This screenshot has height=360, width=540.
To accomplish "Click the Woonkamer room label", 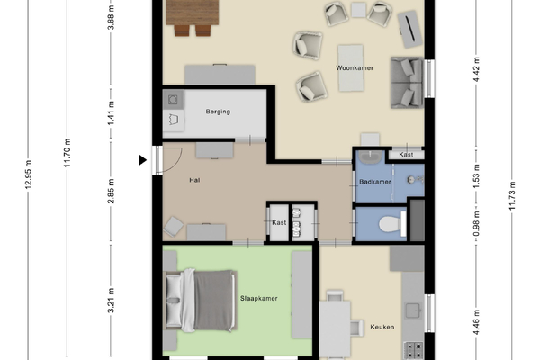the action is pos(355,67).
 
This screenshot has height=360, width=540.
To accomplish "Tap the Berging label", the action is pos(218,112).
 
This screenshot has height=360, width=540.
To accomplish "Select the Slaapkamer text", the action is pos(258,298).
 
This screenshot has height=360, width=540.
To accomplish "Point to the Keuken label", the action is pos(382,327).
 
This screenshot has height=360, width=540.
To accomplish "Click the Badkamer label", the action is pos(375,182).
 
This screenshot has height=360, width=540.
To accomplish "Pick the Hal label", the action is pos(194,180).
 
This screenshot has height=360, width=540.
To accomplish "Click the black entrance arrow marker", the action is pos(142,160).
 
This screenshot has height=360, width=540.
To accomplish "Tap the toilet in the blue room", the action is pos(392,224).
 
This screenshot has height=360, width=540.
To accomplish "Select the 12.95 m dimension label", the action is pos(28,174).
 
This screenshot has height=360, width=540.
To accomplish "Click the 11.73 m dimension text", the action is pos(512,195).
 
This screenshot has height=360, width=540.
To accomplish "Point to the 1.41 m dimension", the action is pos(111,113).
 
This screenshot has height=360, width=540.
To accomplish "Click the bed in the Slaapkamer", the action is pos(201,301).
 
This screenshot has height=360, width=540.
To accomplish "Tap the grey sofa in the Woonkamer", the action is pos(407,83).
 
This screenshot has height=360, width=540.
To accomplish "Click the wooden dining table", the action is pos(193,13).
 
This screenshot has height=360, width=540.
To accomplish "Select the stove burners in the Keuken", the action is pos(413,351).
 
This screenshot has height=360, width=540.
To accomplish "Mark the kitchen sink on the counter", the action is pos(413,310).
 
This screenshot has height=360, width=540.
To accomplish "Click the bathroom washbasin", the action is pos(370,157).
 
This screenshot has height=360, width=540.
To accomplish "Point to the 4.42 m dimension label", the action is pos(476,70).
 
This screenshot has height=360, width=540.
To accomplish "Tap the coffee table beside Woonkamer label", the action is pos(351,68).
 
